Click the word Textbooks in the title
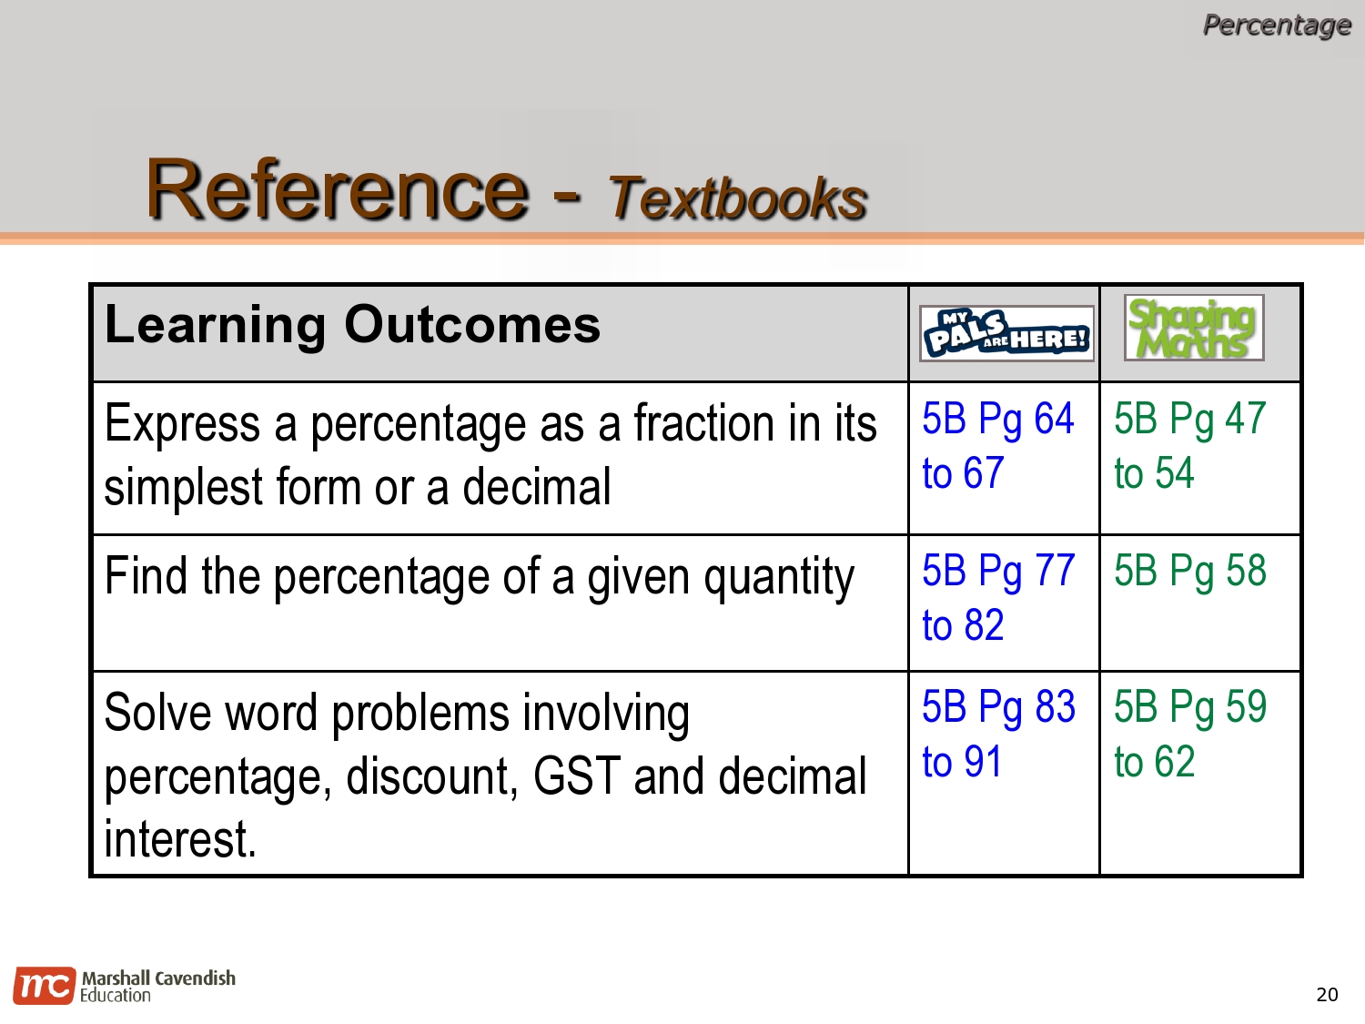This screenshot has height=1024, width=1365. coord(738,198)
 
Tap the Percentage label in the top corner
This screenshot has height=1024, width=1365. coord(1276,25)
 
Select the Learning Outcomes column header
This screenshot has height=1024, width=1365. coord(353,325)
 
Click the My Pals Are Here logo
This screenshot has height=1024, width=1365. coord(1006,333)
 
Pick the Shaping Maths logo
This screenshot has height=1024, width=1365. coord(1193,328)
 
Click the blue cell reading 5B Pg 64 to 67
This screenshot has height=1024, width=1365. coord(997,446)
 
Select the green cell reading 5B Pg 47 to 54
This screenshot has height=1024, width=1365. coord(1189,446)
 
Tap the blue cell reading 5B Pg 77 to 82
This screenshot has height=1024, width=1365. coord(997,598)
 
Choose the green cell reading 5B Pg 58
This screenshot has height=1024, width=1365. coord(1189,572)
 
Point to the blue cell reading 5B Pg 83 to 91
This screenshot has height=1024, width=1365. coord(997,734)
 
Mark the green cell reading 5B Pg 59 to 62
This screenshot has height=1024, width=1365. coord(1189,734)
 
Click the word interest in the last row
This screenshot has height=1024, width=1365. coord(179,839)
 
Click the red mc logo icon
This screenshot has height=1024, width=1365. coord(43,986)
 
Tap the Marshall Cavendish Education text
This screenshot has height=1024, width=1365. coord(157,986)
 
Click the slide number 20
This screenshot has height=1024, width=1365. coord(1327,995)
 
